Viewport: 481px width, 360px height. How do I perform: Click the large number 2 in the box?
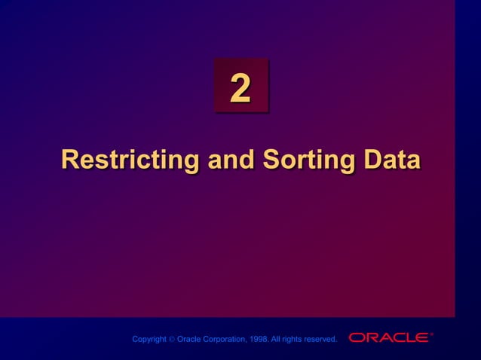click(x=240, y=90)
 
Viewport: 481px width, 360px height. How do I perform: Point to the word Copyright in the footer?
click(x=149, y=340)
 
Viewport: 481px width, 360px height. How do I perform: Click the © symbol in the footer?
click(x=171, y=340)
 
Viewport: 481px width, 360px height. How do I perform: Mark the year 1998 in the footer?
click(x=260, y=340)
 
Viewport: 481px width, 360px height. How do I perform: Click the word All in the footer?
click(x=278, y=340)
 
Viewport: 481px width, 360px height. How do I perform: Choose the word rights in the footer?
click(x=295, y=340)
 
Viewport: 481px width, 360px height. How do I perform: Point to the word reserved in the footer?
click(x=322, y=340)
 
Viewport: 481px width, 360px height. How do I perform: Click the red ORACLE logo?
click(x=388, y=337)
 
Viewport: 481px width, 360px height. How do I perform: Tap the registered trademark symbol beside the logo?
click(x=431, y=334)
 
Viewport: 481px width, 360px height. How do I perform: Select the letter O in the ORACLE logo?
click(x=356, y=337)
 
